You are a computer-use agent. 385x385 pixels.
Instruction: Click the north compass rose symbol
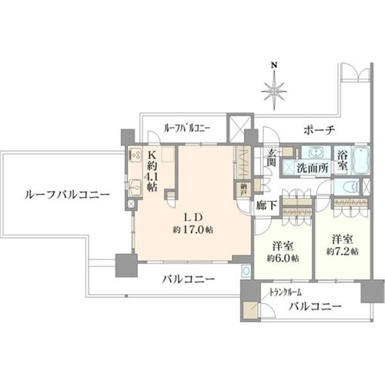point(275,90)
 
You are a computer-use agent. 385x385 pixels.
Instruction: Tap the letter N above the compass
point(275,65)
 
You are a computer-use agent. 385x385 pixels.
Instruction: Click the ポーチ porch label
point(319,130)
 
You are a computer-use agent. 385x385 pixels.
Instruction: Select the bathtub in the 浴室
point(361,159)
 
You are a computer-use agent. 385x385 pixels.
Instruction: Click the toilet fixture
point(355,186)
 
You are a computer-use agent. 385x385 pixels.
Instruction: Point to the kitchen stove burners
point(135,154)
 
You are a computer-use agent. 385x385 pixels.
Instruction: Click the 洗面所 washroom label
point(313,168)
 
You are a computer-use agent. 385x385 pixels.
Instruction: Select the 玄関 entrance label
point(271,157)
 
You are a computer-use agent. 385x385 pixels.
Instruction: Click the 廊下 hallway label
point(266,205)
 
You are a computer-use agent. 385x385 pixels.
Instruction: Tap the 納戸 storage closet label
point(243,189)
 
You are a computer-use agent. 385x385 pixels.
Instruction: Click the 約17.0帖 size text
point(192,229)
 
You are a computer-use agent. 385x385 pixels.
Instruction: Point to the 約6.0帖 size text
point(283,258)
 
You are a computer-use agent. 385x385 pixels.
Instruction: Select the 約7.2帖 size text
point(343,252)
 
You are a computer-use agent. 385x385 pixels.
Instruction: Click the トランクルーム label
point(285,292)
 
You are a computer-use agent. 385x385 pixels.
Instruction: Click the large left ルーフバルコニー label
point(67,195)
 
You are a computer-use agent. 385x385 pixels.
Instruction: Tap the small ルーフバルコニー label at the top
point(187,128)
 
